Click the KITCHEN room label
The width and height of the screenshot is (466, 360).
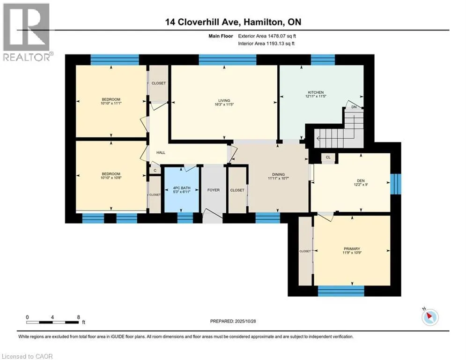point(316,92)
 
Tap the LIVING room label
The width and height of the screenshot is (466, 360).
point(224,100)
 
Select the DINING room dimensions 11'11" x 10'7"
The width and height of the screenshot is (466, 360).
point(279,179)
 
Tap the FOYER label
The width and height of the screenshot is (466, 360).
point(213,190)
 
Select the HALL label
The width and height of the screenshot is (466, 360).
point(161,152)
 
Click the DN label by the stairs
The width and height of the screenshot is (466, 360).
point(354,107)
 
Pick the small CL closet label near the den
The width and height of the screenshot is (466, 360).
point(328,157)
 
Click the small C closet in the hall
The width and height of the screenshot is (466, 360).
point(155,171)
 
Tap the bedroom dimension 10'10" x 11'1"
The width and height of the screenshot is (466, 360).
point(111,104)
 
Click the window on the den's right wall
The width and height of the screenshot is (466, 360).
point(396,183)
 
